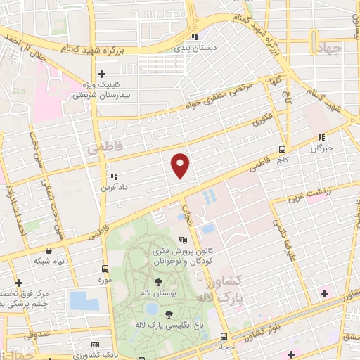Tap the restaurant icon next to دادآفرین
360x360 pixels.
[112, 176]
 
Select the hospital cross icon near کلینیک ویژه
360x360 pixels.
[101, 73]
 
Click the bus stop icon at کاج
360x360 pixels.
[282, 149]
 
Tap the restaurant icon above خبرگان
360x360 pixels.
[321, 137]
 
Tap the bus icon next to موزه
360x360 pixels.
[105, 269]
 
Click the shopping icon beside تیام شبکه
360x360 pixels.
[48, 250]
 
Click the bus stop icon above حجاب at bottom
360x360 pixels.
[223, 335]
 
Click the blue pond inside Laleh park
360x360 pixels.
[150, 309]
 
